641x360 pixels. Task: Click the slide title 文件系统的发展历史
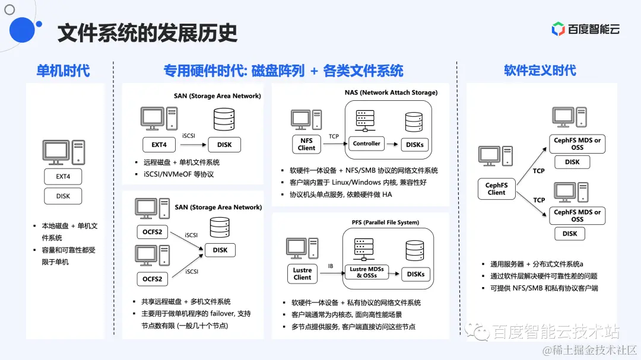point(147,33)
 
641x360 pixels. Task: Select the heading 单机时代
point(63,71)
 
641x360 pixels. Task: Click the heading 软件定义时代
point(540,71)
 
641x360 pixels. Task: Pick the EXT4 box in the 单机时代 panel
point(63,176)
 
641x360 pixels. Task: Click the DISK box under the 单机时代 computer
point(63,196)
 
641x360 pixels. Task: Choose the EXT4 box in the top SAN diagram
point(160,144)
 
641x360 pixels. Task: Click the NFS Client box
point(306,144)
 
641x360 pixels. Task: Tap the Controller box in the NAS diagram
point(367,144)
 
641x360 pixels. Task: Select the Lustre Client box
point(302,274)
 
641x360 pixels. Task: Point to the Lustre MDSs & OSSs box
point(367,272)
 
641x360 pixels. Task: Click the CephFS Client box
point(496,189)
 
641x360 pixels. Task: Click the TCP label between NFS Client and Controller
point(334,136)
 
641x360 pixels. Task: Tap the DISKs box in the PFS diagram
point(415,274)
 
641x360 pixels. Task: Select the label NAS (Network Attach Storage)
point(391,93)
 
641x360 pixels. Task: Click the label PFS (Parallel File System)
point(385,222)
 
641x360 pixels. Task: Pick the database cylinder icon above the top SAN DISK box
point(223,119)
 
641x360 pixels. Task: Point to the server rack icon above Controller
point(364,122)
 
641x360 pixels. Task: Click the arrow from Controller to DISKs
point(392,144)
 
